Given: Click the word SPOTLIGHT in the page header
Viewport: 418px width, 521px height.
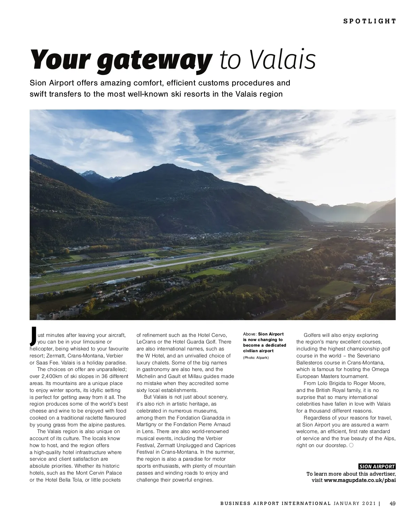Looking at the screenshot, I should coord(370,21).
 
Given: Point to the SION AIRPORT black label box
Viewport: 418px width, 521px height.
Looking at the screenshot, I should coord(377,467).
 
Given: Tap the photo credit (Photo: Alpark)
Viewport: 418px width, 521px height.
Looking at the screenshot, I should coord(256,357).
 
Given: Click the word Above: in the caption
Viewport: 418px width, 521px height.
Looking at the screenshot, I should coord(250,334).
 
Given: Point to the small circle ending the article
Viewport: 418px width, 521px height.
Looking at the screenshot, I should coord(351,445).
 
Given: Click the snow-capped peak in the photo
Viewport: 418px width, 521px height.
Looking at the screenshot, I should coord(89,173).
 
